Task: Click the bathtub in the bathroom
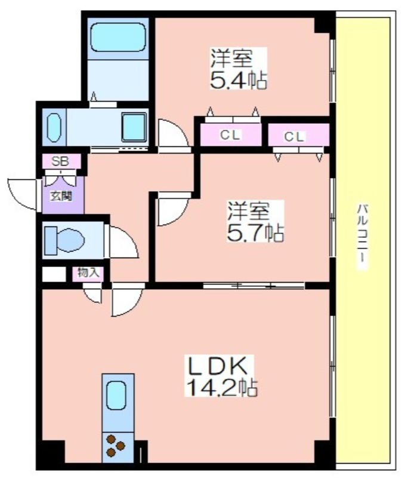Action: [118, 37]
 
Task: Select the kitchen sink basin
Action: [116, 396]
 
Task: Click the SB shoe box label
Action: [61, 161]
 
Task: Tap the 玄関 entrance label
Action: [61, 197]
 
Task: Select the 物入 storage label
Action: [88, 272]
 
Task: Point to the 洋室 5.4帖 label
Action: [239, 69]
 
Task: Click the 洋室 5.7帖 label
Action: [255, 222]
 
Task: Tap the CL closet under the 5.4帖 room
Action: [231, 134]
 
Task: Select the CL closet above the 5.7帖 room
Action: [299, 136]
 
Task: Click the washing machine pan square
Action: [134, 127]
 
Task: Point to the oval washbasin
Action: [54, 127]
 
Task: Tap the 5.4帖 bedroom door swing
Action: [173, 133]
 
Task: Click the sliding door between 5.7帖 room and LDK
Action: [254, 286]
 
